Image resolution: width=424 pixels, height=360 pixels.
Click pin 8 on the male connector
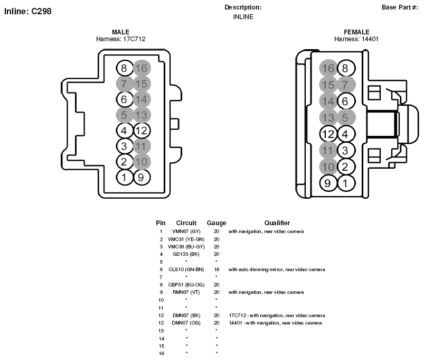125,68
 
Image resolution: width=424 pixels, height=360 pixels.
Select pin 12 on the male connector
142,131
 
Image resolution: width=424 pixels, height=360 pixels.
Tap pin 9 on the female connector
328,183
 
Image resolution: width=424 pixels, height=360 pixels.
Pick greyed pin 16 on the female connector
328,68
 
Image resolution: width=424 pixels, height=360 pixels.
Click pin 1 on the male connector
125,178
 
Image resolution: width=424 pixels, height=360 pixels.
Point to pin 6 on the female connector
346,101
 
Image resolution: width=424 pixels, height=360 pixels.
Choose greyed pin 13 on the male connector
142,115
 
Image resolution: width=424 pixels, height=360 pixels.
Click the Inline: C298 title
28,12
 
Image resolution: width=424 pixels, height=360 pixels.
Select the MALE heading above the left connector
120,32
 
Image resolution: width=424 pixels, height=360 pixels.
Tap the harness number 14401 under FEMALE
370,39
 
